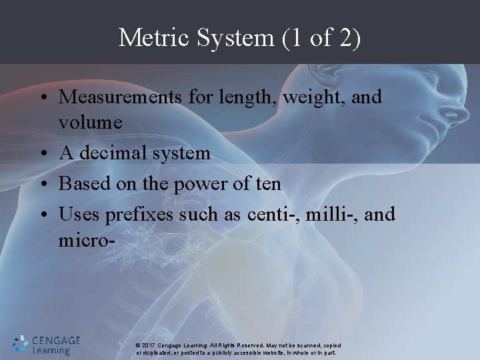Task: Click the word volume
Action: tap(89, 123)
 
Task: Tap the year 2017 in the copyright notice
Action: tap(150, 345)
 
